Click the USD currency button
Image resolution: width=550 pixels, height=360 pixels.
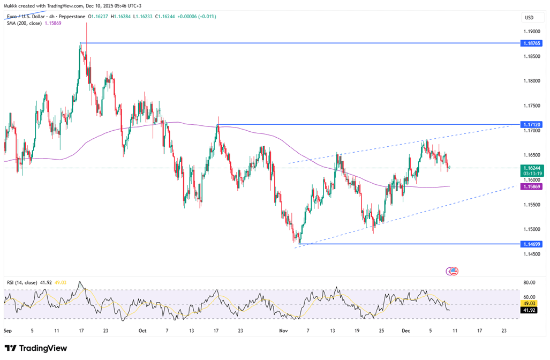[529, 18]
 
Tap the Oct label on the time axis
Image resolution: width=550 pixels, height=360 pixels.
[142, 331]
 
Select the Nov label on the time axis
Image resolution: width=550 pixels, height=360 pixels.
[284, 331]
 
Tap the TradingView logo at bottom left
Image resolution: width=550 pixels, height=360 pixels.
[36, 348]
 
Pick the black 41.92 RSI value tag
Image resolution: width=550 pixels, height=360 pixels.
[529, 310]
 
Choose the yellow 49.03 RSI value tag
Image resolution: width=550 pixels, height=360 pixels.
[529, 304]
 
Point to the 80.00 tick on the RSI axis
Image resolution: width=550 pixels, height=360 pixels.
[529, 282]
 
